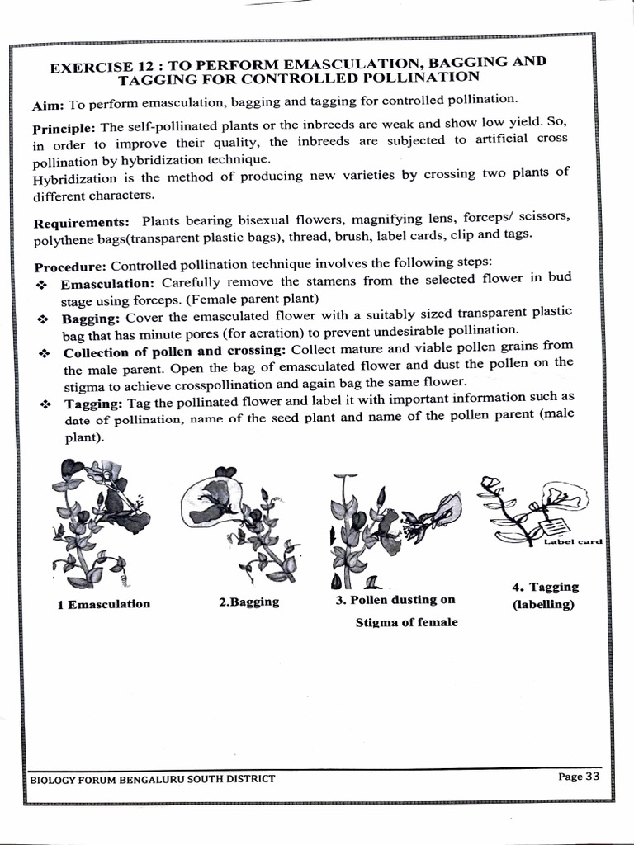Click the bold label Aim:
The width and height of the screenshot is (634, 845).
click(49, 106)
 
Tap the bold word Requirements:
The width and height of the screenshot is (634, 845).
click(81, 223)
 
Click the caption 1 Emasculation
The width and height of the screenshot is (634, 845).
click(103, 603)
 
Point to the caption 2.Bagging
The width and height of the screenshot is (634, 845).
click(248, 602)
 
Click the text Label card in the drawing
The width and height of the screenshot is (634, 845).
click(573, 541)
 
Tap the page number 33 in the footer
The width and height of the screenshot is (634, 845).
click(590, 777)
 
